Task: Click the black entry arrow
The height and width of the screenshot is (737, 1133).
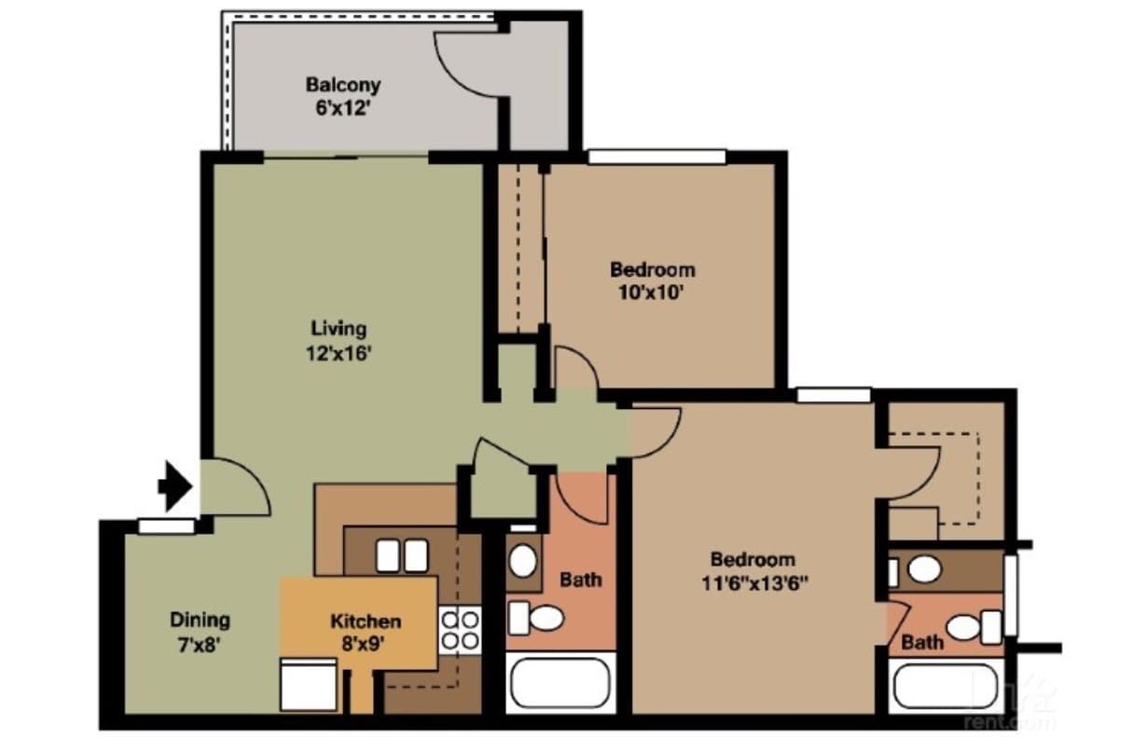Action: click(x=174, y=485)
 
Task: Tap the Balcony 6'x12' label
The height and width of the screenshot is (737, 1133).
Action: click(x=343, y=95)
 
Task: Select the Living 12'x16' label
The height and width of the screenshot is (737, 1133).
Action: click(x=339, y=340)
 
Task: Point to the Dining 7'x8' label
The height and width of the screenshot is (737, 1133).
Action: click(x=200, y=631)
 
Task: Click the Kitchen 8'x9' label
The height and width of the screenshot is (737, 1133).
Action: click(x=366, y=631)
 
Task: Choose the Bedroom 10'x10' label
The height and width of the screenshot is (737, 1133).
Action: click(x=652, y=280)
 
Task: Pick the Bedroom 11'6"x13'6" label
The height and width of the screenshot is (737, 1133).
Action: click(x=753, y=571)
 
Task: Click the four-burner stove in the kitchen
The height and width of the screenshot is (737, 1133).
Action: click(x=460, y=629)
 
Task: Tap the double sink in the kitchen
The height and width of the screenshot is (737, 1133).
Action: click(x=402, y=555)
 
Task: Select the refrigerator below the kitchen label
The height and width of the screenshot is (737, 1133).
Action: click(x=308, y=685)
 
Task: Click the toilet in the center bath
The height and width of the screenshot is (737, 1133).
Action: click(x=536, y=617)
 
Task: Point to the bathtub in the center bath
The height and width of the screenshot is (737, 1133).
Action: click(x=560, y=684)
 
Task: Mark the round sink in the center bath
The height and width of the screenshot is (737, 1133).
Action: click(x=523, y=561)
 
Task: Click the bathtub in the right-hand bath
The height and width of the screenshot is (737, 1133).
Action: click(x=946, y=686)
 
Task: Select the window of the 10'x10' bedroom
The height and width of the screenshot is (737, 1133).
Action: click(x=656, y=157)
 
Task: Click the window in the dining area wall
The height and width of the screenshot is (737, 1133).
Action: click(x=166, y=526)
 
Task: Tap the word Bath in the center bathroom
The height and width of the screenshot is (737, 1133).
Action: click(x=580, y=580)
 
